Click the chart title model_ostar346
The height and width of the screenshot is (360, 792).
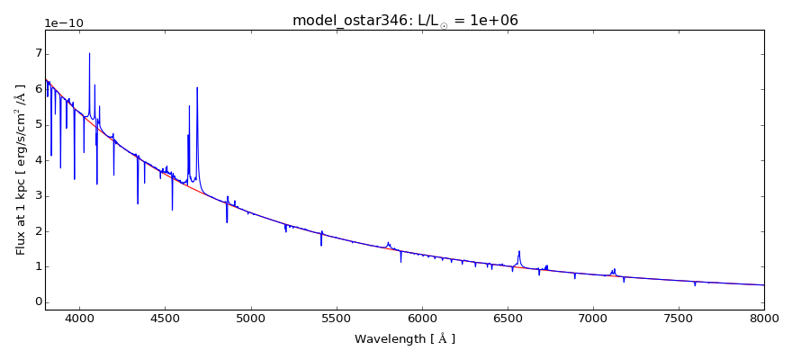click(404, 20)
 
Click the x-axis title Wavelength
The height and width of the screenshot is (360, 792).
click(404, 339)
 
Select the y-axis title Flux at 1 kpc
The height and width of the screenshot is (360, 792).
click(21, 169)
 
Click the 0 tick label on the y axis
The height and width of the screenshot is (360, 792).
click(37, 301)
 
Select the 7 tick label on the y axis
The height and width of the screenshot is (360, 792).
click(37, 53)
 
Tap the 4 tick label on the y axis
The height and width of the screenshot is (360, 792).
click(37, 160)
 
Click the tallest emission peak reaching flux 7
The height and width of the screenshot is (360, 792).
click(89, 53)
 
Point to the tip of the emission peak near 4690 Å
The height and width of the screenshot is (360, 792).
click(197, 87)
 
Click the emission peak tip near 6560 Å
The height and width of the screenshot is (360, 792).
click(519, 251)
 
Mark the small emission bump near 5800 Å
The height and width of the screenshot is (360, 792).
click(388, 242)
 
